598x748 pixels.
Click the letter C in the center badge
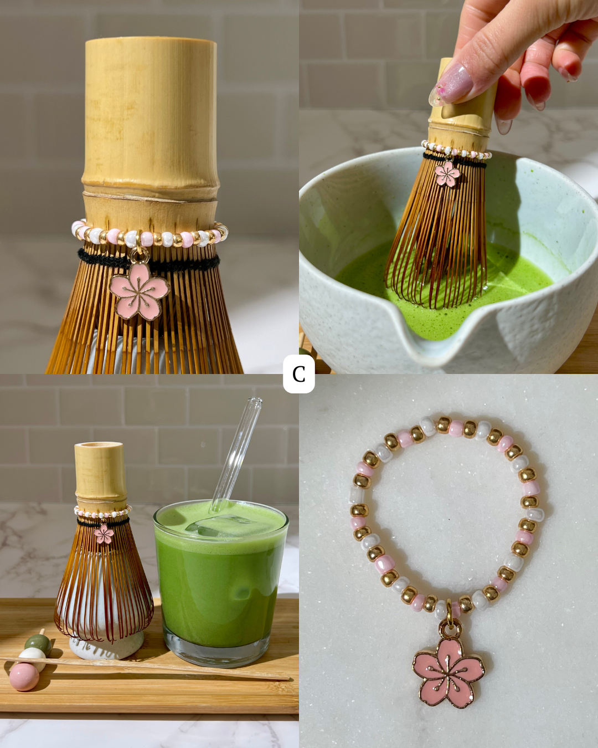coord(298,374)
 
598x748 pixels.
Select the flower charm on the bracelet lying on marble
coord(448,672)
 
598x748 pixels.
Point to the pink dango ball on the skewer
coord(24,677)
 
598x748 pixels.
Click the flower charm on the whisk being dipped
coord(447,173)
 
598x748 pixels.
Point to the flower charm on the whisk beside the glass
coord(104,534)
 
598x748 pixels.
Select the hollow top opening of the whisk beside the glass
coord(99,445)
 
